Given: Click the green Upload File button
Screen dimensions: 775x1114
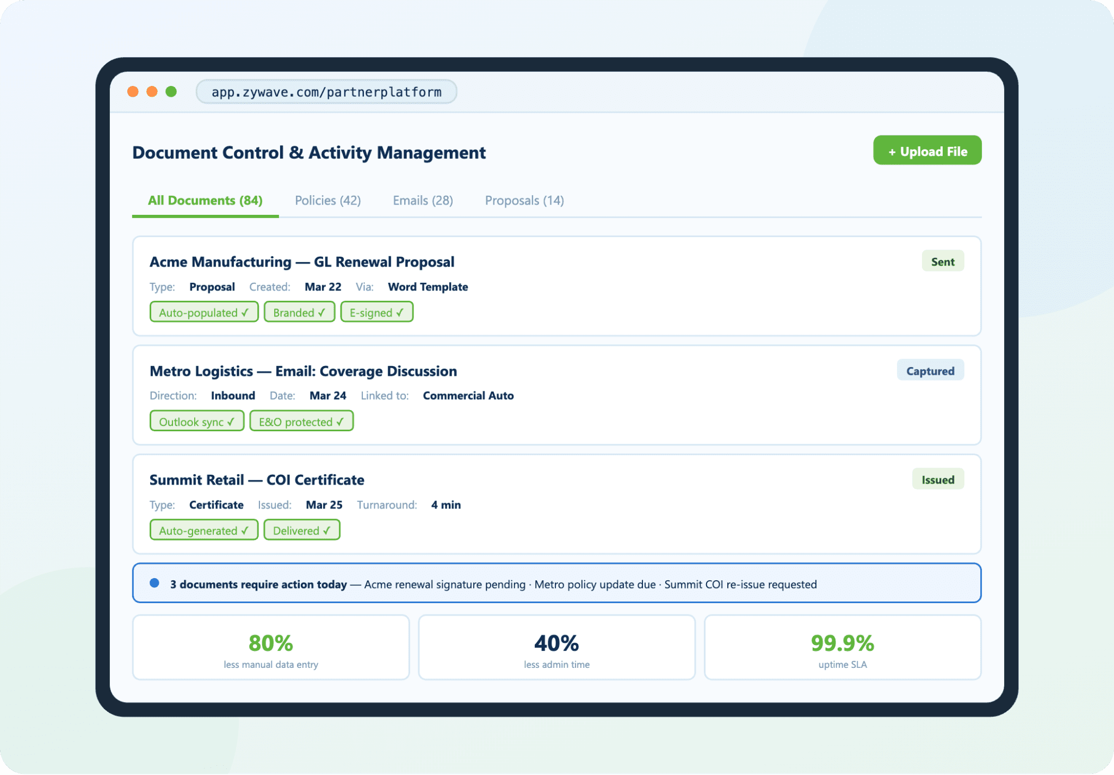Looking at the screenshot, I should (x=927, y=151).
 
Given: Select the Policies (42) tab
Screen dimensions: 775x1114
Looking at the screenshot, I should (x=327, y=201).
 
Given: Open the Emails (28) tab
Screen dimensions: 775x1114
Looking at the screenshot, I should (x=423, y=201).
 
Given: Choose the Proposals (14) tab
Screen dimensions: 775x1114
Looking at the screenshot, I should (x=524, y=201).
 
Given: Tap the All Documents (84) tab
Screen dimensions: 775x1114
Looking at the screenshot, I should (x=205, y=201).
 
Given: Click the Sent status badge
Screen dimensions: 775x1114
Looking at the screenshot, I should (x=942, y=262).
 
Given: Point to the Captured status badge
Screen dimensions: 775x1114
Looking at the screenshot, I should (x=930, y=371).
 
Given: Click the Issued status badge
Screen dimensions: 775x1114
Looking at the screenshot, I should (x=937, y=480).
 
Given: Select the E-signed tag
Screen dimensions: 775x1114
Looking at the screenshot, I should (x=376, y=313).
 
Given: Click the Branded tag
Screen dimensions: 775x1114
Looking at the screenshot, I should (x=299, y=313).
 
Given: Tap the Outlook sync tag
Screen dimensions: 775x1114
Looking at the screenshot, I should (x=196, y=422).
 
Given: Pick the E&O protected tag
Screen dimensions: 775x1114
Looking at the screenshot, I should (x=301, y=422).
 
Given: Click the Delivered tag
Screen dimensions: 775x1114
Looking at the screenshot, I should (x=301, y=531).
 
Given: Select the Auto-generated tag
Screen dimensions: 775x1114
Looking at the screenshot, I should (x=203, y=531).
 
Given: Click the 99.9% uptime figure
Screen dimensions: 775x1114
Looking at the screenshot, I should (x=842, y=643).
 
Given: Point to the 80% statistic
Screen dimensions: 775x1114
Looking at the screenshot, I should (x=270, y=643).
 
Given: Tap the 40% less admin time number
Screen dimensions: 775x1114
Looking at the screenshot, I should (x=556, y=643).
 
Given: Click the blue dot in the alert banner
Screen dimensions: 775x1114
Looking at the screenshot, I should (x=154, y=583).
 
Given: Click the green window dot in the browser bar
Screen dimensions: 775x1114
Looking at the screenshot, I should (x=171, y=91).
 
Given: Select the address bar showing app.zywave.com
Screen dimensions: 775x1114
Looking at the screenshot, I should (x=326, y=92).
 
